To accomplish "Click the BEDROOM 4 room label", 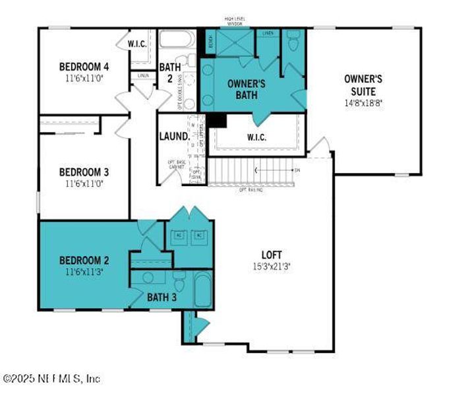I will click(x=84, y=67).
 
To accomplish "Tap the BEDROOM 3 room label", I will click(x=84, y=172).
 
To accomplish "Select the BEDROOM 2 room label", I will click(x=84, y=259).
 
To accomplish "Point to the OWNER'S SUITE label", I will click(x=363, y=84).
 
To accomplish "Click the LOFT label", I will click(x=272, y=254).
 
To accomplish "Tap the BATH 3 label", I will click(x=162, y=298).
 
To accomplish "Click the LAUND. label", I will click(x=174, y=137).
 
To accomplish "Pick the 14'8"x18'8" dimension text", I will click(x=363, y=104).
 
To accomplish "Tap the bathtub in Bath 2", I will click(x=174, y=40).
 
